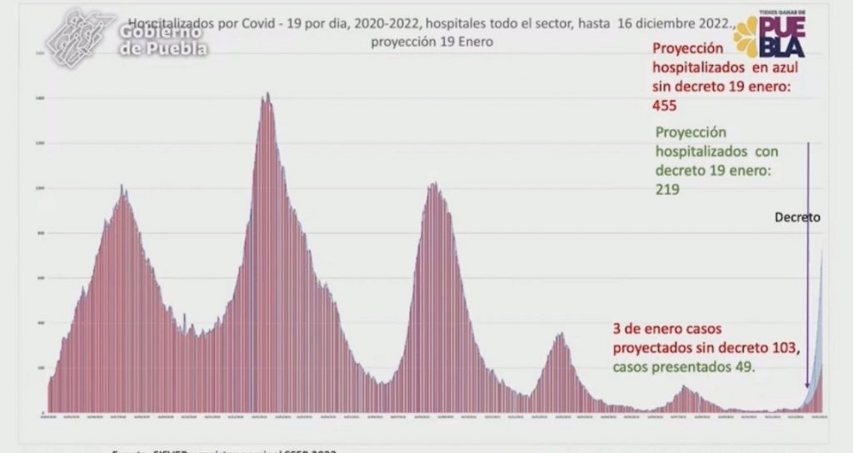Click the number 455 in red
tap(667, 106)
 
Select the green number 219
tap(668, 189)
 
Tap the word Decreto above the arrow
tap(797, 217)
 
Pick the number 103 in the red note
tap(786, 346)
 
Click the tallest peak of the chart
tap(267, 95)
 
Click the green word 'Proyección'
tap(691, 133)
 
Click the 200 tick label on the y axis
tap(40, 367)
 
